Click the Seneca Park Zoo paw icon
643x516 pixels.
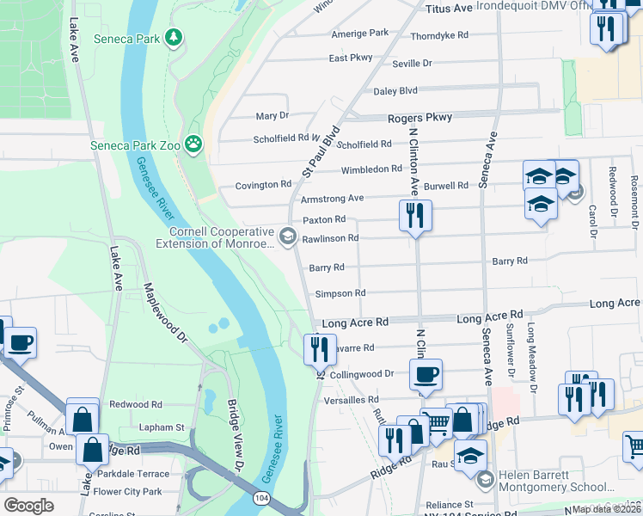pos(195,144)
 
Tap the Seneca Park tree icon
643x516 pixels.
pos(175,37)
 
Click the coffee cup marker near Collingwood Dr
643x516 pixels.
pos(426,375)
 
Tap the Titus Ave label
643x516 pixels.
pos(450,8)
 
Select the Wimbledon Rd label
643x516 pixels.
pos(371,169)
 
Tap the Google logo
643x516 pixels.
pos(28,505)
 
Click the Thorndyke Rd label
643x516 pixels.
pos(438,36)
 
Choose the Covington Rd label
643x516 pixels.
pos(264,185)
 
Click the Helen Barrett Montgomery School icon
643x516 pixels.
pos(485,479)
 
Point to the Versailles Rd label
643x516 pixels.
pos(351,400)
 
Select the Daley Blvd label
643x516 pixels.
pos(395,91)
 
